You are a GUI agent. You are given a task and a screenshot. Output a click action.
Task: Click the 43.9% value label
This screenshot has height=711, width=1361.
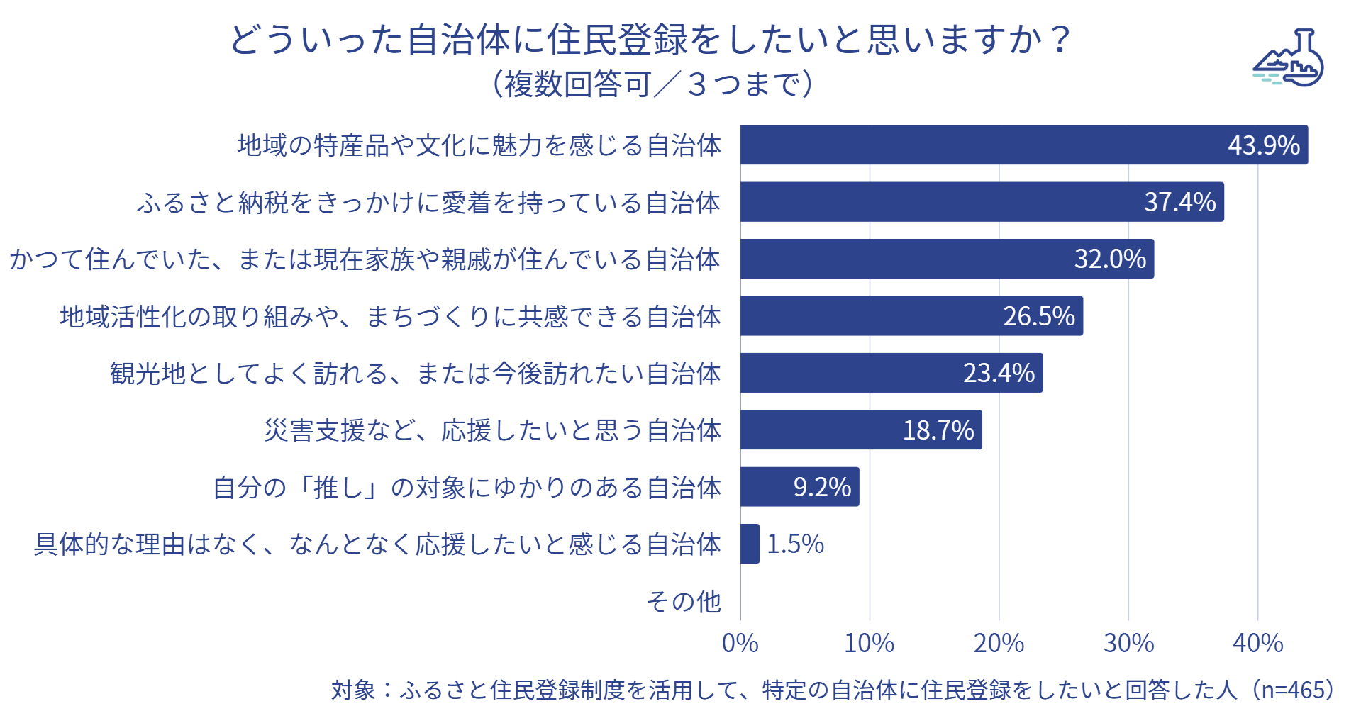click(x=1263, y=145)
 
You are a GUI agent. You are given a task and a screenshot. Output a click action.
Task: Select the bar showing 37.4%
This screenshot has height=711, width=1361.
click(x=982, y=202)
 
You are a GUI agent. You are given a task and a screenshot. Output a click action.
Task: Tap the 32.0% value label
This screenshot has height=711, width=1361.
click(x=1110, y=259)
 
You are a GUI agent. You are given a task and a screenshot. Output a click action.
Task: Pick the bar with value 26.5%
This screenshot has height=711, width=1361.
click(x=911, y=316)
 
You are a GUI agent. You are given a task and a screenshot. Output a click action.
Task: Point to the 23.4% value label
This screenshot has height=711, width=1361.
click(x=999, y=373)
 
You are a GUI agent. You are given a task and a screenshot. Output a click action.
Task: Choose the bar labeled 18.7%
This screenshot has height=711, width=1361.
click(x=861, y=430)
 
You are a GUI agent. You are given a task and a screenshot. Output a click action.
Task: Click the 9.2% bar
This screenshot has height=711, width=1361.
click(x=799, y=487)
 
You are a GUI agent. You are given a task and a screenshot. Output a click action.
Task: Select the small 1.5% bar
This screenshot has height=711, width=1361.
click(x=750, y=544)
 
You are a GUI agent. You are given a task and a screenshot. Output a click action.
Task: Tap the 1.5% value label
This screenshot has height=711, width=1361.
click(x=795, y=544)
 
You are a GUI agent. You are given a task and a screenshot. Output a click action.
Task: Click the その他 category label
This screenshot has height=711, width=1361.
click(x=684, y=601)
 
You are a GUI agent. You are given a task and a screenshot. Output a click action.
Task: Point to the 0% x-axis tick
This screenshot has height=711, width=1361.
click(x=740, y=643)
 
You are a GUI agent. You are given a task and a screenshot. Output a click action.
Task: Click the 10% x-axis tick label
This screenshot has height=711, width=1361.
click(x=869, y=643)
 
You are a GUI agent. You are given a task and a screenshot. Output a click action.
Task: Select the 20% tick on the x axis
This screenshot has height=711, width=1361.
click(x=999, y=643)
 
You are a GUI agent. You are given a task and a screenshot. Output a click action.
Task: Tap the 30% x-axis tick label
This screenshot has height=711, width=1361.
click(x=1128, y=643)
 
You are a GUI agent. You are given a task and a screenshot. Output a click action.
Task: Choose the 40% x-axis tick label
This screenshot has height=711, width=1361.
click(x=1257, y=643)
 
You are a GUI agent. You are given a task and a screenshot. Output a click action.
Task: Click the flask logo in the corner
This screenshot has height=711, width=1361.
click(x=1289, y=59)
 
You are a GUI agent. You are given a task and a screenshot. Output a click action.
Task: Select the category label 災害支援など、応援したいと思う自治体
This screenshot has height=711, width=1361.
click(x=492, y=430)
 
